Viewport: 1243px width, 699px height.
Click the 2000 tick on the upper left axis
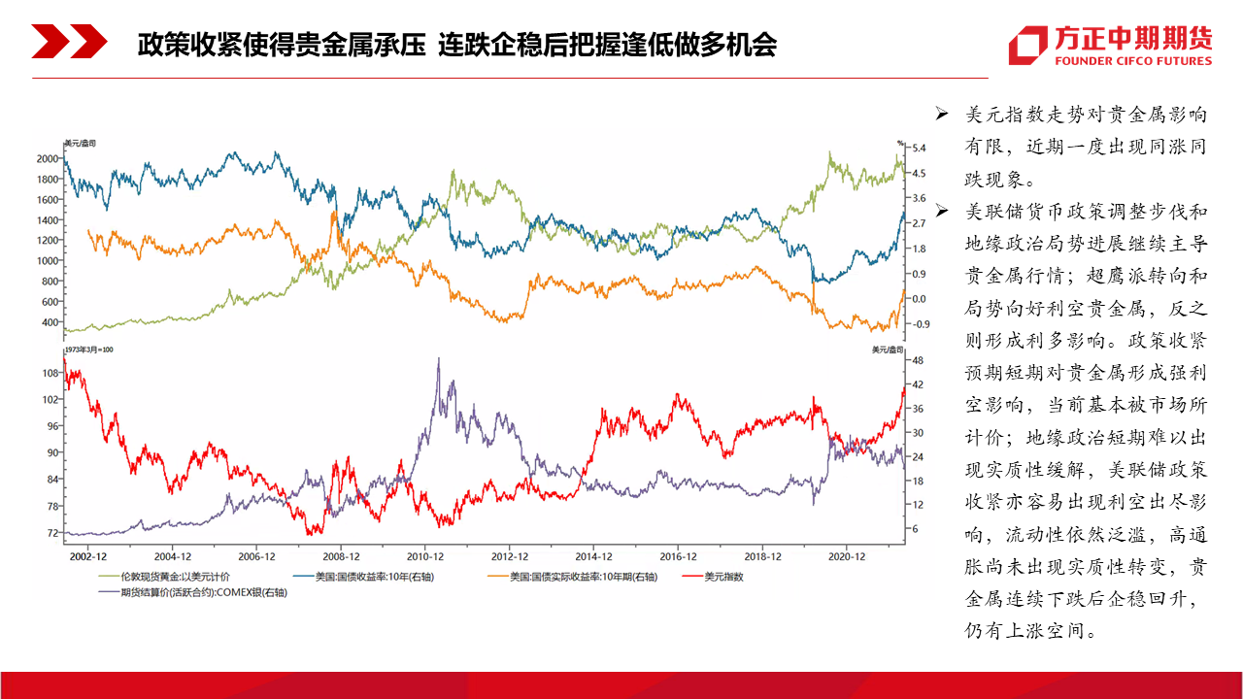click(48, 158)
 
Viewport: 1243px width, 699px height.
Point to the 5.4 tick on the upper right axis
click(919, 149)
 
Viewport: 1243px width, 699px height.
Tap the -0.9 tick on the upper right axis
click(920, 324)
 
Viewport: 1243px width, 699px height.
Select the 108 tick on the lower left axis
click(50, 373)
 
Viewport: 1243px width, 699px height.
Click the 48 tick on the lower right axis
click(918, 360)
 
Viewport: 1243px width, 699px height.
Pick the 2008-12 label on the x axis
click(341, 556)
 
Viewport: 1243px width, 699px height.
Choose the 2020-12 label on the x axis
click(846, 556)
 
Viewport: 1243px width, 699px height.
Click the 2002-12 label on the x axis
click(87, 556)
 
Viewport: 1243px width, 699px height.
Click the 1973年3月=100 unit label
click(88, 349)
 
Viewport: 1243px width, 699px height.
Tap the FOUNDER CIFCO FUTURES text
click(1133, 61)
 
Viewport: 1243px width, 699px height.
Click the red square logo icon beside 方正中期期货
click(1028, 45)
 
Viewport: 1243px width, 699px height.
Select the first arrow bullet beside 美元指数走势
click(942, 114)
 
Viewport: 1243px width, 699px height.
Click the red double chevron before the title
click(69, 41)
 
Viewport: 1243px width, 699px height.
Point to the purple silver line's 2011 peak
click(439, 358)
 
